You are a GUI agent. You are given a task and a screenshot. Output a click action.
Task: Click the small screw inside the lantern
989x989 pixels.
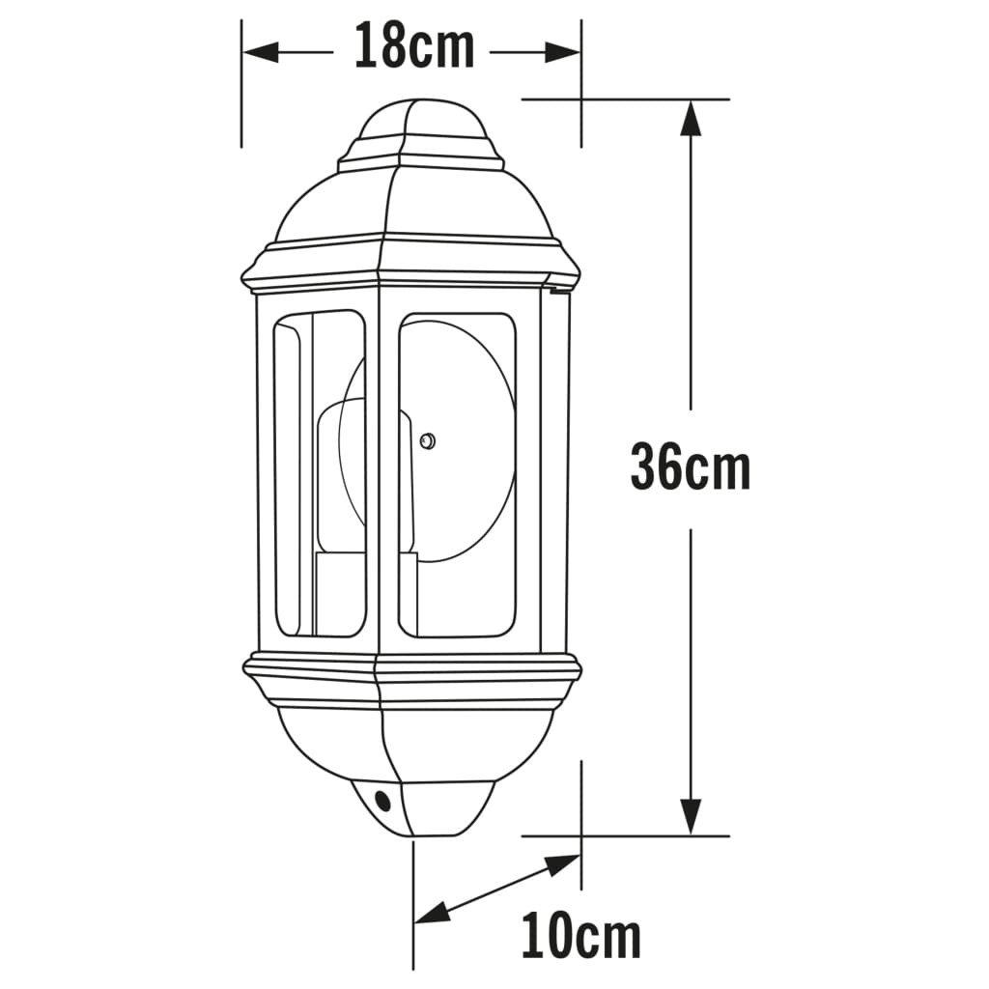(x=426, y=441)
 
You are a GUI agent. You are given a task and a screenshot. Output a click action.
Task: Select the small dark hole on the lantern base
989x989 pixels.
(x=383, y=800)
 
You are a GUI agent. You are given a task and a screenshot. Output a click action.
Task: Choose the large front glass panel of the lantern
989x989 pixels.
(x=457, y=579)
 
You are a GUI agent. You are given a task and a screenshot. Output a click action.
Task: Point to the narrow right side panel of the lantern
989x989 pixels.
(x=553, y=473)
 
